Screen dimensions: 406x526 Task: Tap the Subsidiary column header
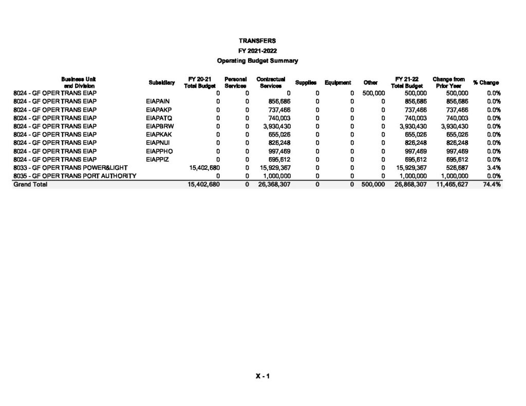(161, 83)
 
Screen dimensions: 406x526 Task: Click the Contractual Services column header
(271, 83)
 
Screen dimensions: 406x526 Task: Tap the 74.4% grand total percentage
(492, 185)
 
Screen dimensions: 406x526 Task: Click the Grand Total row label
(30, 185)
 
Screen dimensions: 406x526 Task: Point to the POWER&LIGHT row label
(70, 168)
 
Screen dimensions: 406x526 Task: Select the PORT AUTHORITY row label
(74, 176)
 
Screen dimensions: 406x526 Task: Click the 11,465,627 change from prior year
(451, 185)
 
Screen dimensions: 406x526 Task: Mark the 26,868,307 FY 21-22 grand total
(410, 185)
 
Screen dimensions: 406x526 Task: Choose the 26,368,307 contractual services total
(273, 185)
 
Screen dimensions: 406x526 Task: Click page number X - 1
(263, 376)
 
